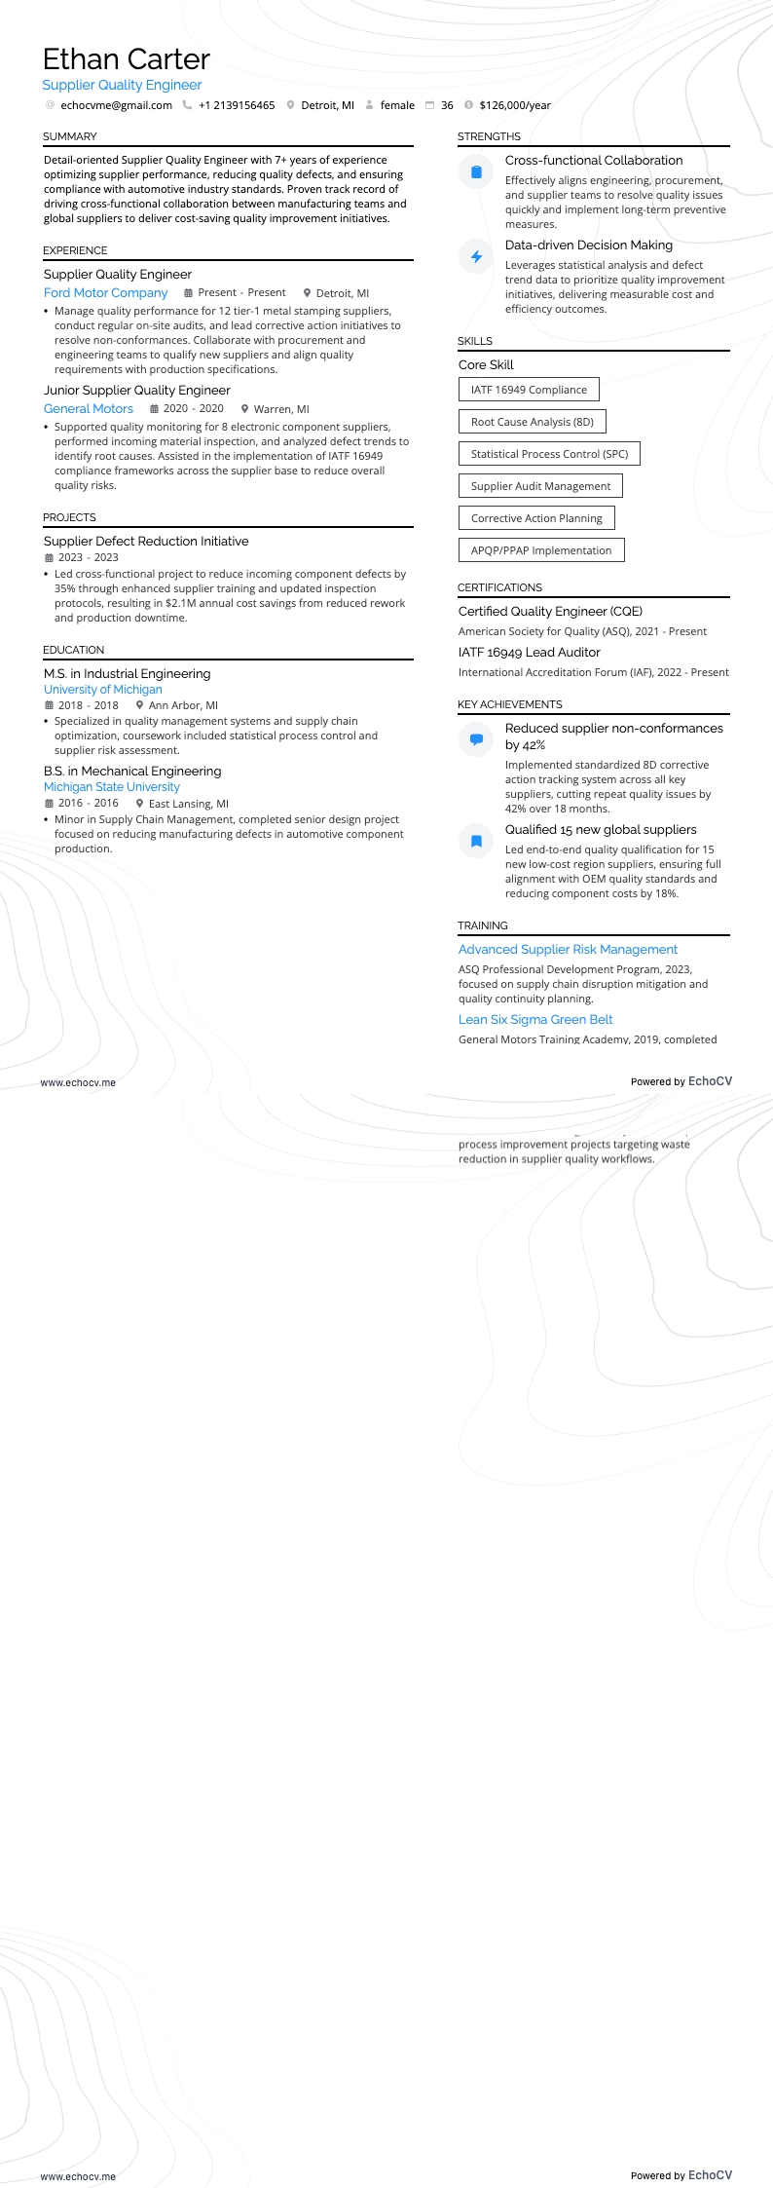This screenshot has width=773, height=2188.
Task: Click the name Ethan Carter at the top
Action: (127, 59)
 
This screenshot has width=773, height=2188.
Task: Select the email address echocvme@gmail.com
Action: (116, 105)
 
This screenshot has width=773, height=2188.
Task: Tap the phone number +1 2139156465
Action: (237, 105)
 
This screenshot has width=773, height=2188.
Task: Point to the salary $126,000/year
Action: (515, 105)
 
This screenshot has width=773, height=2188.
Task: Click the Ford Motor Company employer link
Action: (105, 292)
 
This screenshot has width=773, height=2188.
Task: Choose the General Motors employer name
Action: (89, 409)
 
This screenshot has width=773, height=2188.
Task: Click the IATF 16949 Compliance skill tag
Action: (529, 390)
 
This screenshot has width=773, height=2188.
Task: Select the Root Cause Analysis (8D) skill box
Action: (532, 422)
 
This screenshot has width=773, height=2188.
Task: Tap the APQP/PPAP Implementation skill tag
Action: (541, 550)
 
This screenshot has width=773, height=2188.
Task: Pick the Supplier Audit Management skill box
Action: (540, 486)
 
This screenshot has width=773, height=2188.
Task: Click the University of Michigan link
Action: (103, 690)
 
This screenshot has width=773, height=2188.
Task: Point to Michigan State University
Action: (112, 787)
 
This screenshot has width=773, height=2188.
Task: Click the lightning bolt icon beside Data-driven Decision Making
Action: (476, 256)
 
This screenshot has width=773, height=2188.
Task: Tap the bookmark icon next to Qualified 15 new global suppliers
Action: (476, 841)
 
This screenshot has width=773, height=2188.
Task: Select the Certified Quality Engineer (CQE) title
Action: (550, 611)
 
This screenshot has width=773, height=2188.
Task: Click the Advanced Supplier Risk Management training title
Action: (568, 949)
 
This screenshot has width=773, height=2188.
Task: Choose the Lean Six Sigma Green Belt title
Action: (535, 1019)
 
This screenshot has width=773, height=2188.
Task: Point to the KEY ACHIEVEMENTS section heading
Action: (510, 704)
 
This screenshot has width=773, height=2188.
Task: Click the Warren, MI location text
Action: (281, 409)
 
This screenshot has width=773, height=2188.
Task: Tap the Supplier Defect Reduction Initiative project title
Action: (146, 541)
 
